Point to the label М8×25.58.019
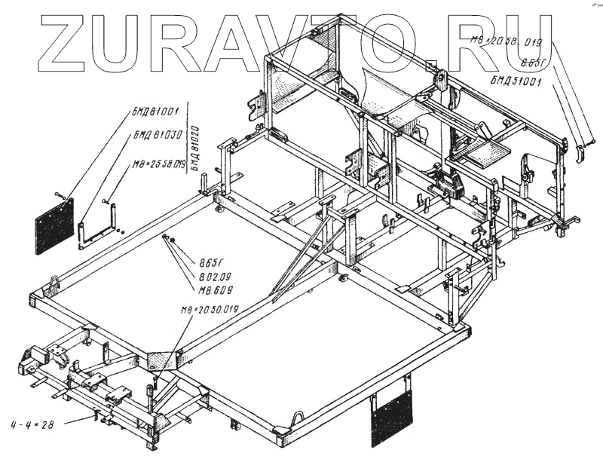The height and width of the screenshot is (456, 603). (x=159, y=164)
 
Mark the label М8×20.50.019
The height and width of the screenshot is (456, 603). (x=210, y=310)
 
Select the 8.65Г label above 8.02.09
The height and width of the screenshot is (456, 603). (x=212, y=263)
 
